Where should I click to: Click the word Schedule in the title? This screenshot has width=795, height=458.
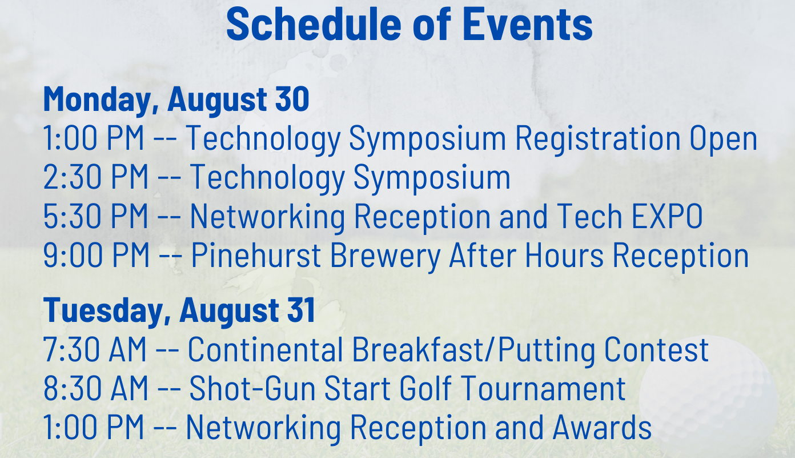pyautogui.click(x=314, y=24)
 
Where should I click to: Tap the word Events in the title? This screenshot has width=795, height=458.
pyautogui.click(x=528, y=24)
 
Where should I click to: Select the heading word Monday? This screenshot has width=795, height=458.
pyautogui.click(x=97, y=100)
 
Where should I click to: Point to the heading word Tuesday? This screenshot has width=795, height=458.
pyautogui.click(x=103, y=310)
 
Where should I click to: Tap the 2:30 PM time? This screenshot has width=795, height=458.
pyautogui.click(x=95, y=177)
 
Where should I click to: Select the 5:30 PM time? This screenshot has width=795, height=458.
pyautogui.click(x=95, y=216)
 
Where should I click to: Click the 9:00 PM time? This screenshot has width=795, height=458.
pyautogui.click(x=96, y=255)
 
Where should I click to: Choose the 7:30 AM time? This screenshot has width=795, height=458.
pyautogui.click(x=95, y=349)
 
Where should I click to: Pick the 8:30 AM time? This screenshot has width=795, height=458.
pyautogui.click(x=95, y=388)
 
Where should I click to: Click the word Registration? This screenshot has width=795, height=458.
pyautogui.click(x=597, y=140)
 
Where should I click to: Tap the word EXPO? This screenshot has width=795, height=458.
pyautogui.click(x=667, y=216)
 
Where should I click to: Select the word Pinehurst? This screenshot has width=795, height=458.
pyautogui.click(x=256, y=255)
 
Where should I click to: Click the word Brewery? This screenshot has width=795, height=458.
pyautogui.click(x=386, y=257)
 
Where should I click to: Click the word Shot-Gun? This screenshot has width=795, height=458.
pyautogui.click(x=252, y=388)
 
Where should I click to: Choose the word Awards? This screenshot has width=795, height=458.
pyautogui.click(x=602, y=428)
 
